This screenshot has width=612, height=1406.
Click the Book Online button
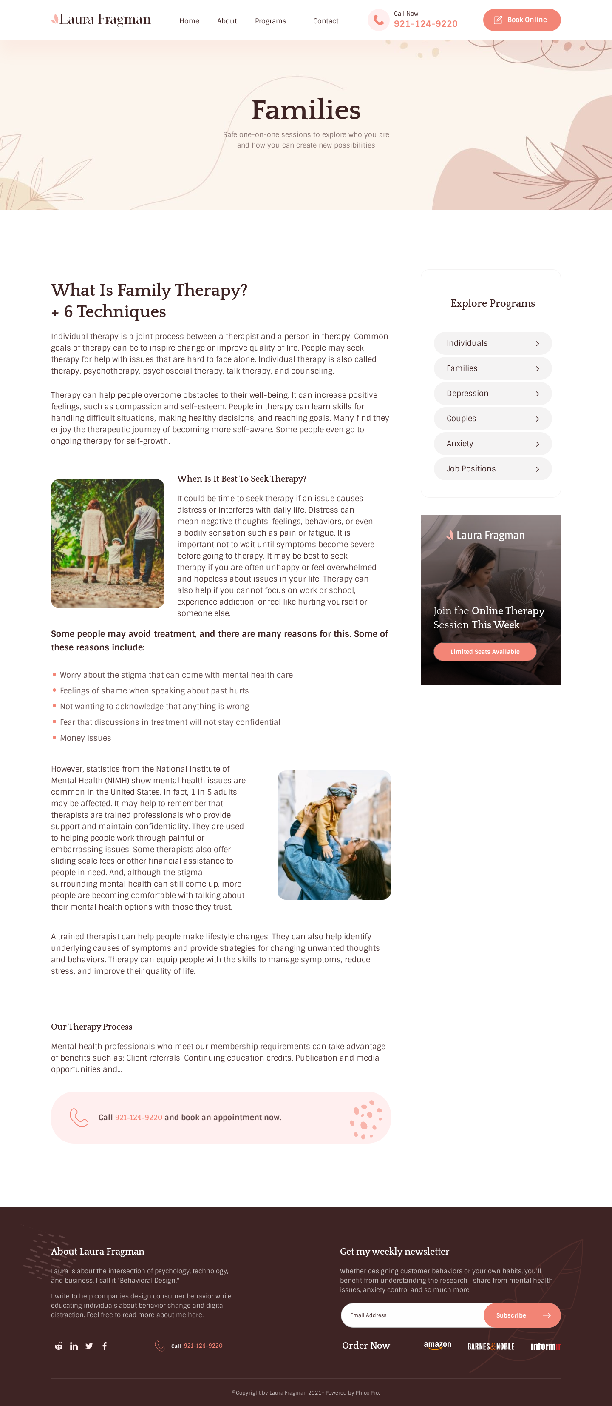pos(521,20)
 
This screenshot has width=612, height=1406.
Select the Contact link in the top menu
pos(326,21)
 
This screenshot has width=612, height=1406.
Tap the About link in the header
pos(227,21)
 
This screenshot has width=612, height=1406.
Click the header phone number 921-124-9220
pos(425,24)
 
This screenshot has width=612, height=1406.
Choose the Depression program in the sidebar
pos(492,394)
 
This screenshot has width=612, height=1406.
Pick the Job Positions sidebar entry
pos(492,469)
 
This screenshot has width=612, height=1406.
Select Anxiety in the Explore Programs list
pos(492,444)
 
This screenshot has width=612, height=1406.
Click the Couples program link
pos(492,419)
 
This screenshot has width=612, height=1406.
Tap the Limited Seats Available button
pos(484,652)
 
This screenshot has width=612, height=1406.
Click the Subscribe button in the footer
pos(521,1315)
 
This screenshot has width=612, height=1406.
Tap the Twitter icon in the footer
pos(89,1346)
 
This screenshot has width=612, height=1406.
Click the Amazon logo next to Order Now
pos(437,1346)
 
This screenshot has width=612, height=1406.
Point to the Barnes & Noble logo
pos(490,1346)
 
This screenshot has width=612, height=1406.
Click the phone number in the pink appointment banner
pos(139,1117)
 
